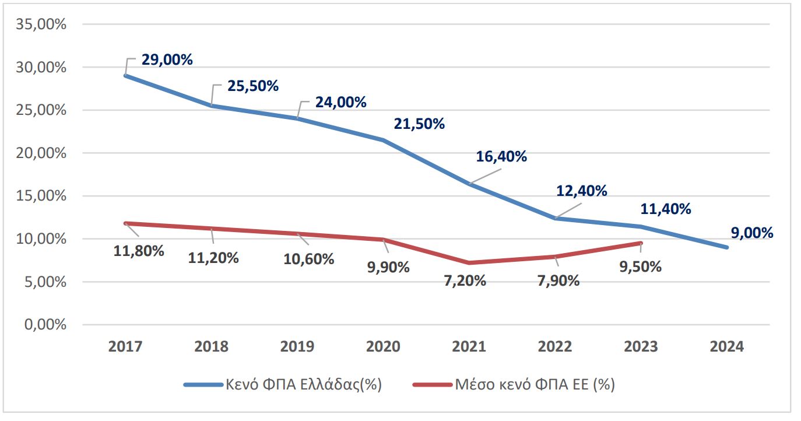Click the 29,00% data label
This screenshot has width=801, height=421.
167,59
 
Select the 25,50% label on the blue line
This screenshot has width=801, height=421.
253,86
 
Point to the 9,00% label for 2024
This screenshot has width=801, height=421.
751,233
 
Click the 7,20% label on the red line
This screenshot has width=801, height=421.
464,280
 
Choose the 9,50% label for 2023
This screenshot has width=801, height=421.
640,266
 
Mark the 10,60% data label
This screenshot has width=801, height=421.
308,259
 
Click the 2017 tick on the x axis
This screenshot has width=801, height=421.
125,346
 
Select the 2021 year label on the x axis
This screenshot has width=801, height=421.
469,346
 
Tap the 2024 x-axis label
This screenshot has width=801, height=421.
727,346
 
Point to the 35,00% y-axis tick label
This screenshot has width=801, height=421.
43,25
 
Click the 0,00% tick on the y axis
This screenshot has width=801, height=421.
45,325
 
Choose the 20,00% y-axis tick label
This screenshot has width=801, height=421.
43,153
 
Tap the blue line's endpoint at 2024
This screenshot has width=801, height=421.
727,247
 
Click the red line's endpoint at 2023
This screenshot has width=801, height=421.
641,243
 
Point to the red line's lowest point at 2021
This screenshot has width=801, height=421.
469,263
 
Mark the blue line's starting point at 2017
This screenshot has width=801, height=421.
125,76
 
